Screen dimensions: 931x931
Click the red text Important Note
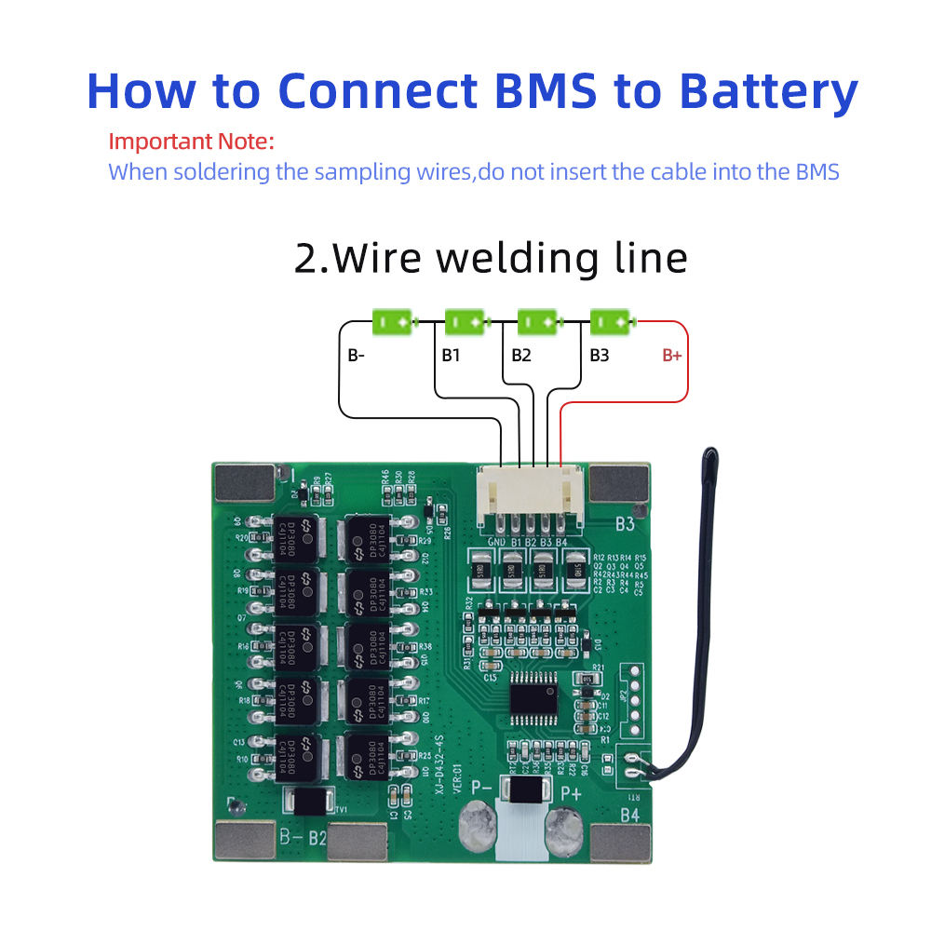(x=192, y=142)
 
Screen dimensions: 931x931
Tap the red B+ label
(x=672, y=355)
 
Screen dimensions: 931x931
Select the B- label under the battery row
(x=357, y=355)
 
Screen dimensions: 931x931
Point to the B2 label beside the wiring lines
(x=521, y=355)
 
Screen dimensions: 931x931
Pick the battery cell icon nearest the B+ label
(x=611, y=322)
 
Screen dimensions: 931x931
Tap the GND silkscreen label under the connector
(x=497, y=541)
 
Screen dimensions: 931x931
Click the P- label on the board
(x=481, y=789)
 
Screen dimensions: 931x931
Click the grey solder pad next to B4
(x=620, y=842)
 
